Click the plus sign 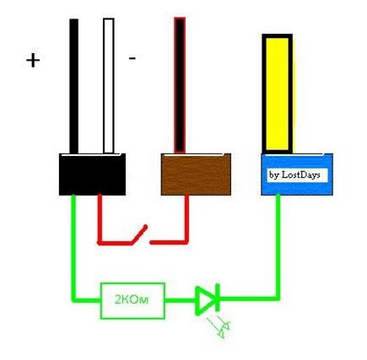tap(33, 61)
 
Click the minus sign tap(132, 58)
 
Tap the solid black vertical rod tap(74, 86)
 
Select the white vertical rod tap(109, 86)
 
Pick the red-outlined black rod tap(180, 85)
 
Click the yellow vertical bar tap(278, 94)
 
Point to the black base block tap(92, 175)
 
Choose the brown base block tap(196, 175)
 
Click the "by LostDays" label tap(294, 175)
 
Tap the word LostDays tap(301, 175)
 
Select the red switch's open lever tap(139, 234)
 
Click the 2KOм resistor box tap(132, 301)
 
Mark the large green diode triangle tap(205, 301)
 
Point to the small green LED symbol tap(219, 327)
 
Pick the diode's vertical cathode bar tap(218, 298)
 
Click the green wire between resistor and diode tap(181, 301)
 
